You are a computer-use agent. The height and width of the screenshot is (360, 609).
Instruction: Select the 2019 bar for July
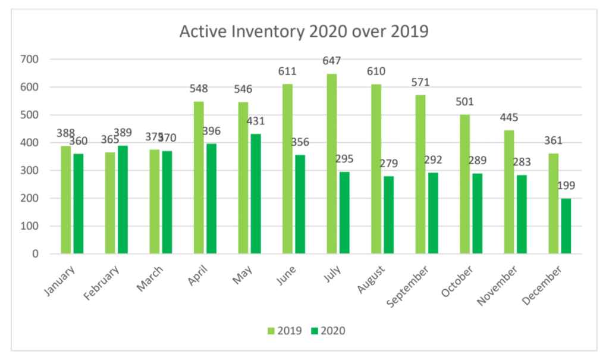(x=331, y=164)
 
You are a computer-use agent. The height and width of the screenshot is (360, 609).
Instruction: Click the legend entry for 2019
(x=285, y=331)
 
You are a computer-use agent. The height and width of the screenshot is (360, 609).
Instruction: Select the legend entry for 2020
(x=328, y=331)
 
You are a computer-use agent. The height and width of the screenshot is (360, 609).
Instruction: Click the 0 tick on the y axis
(x=35, y=254)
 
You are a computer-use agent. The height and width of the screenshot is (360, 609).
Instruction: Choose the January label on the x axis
(x=60, y=280)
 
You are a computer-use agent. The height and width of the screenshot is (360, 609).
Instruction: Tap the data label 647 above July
(x=332, y=61)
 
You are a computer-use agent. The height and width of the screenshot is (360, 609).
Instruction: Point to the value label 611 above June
(x=287, y=71)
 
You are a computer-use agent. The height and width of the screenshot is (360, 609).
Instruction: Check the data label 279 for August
(x=390, y=164)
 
